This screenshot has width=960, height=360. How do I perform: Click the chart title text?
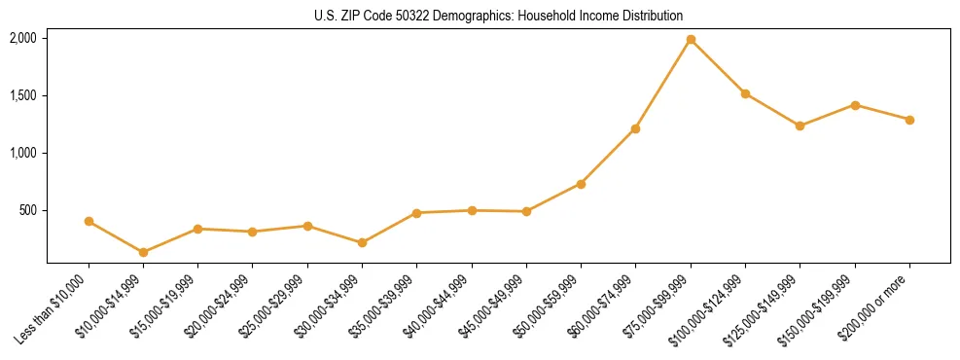[498, 16]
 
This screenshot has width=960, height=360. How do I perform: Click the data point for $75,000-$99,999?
[691, 40]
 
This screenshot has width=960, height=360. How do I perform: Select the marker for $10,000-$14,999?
[143, 252]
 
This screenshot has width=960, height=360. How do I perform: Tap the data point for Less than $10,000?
[89, 221]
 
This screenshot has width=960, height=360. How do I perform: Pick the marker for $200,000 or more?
[909, 120]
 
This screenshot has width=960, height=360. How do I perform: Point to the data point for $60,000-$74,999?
[635, 128]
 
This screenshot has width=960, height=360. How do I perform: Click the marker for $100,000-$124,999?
[745, 93]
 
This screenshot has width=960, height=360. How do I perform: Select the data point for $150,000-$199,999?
[855, 105]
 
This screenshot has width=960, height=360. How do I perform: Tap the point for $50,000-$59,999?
[581, 184]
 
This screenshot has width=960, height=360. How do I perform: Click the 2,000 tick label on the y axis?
[23, 38]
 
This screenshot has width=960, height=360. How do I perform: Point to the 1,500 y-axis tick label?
[23, 95]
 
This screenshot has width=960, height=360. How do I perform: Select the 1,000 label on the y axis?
[23, 153]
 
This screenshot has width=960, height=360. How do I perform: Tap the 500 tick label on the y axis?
[28, 210]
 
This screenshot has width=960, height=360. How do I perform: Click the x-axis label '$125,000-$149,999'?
[765, 309]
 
